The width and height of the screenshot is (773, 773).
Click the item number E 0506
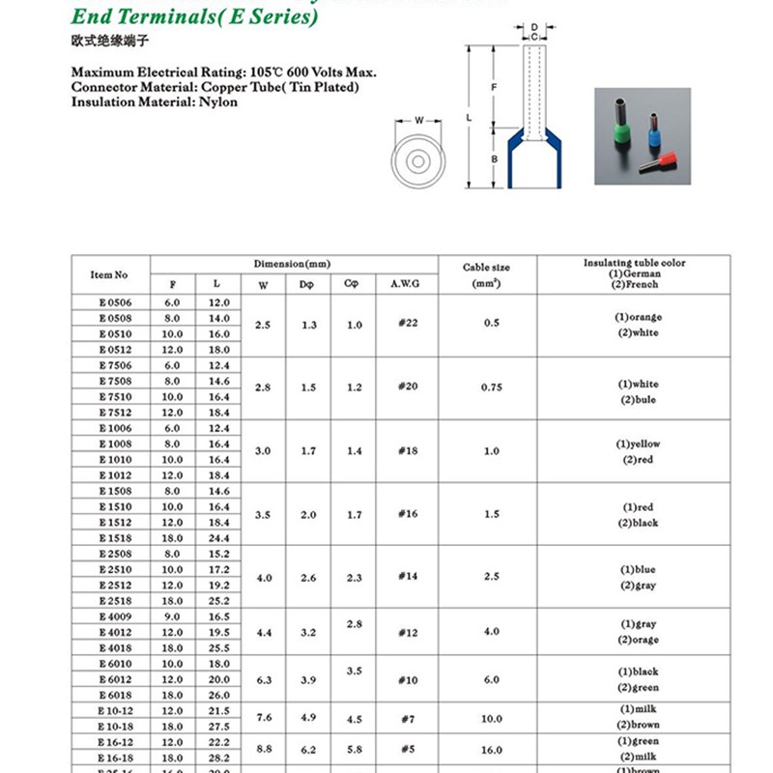point(115,302)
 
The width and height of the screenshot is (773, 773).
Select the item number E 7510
point(115,396)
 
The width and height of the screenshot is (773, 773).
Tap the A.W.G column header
point(405,285)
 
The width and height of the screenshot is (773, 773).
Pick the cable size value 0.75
point(493,387)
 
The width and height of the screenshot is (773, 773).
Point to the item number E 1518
point(115,537)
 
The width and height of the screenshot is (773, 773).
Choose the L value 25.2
point(219,601)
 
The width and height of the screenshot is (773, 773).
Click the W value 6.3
point(263,680)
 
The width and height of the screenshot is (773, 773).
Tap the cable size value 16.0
point(493,749)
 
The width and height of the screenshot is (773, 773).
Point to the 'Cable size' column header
point(487,268)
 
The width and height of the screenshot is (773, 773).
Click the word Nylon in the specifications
point(218,102)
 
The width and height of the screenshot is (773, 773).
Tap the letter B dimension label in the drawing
point(494,157)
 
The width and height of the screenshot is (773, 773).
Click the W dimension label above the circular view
point(419,121)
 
